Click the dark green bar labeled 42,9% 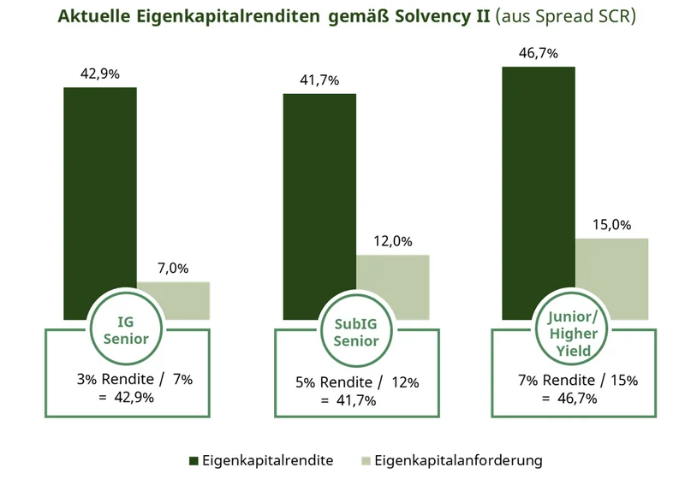pos(100,188)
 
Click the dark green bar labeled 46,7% pos(539,180)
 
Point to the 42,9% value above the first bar pos(99,74)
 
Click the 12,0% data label pos(392,241)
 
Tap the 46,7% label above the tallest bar pos(539,53)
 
